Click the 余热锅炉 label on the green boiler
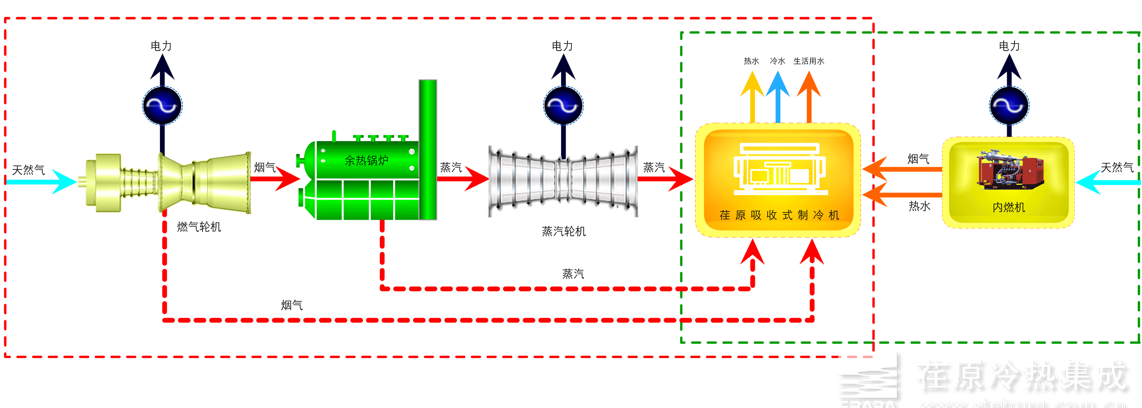366,160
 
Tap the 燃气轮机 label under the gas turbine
199,227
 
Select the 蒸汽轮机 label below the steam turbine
563,231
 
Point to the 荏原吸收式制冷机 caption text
779,215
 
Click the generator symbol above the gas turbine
162,106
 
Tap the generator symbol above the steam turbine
563,106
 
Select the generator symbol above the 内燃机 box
1009,106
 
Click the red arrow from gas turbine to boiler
275,179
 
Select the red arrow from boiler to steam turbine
463,179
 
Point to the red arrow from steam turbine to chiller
665,179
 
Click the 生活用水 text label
809,61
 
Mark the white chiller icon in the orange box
780,168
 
